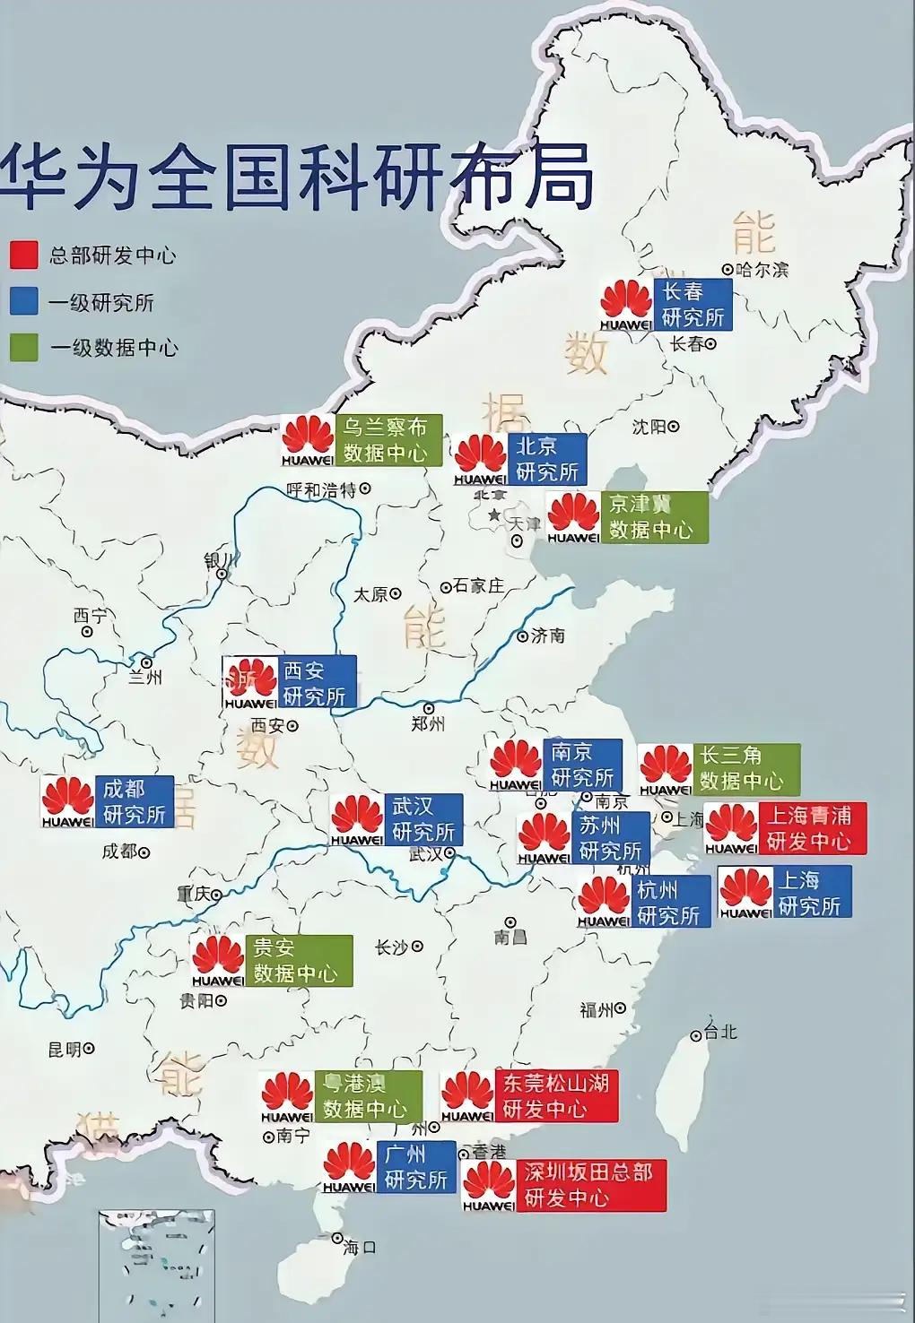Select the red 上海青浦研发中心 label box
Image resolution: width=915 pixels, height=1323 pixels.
pos(811,828)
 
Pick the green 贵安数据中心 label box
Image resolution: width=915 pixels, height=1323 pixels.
pos(298,961)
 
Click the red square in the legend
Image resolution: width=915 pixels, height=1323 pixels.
pos(24,255)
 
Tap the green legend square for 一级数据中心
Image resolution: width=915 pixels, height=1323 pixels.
pos(24,348)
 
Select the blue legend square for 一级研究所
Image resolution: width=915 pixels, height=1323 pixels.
pos(24,301)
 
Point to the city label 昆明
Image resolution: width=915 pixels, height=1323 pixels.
pos(64,1049)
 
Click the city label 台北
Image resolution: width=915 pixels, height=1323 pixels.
pos(719,1032)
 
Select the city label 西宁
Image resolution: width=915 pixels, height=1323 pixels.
pos(90,616)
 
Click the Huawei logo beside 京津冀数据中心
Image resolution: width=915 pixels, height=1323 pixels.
pos(573,517)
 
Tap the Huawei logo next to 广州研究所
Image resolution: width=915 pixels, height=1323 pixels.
pos(349,1167)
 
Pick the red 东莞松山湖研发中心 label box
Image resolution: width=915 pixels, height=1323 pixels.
pos(555,1096)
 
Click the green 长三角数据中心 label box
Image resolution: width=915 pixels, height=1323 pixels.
pos(745,769)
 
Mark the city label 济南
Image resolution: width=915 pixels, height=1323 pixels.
pos(547,636)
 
